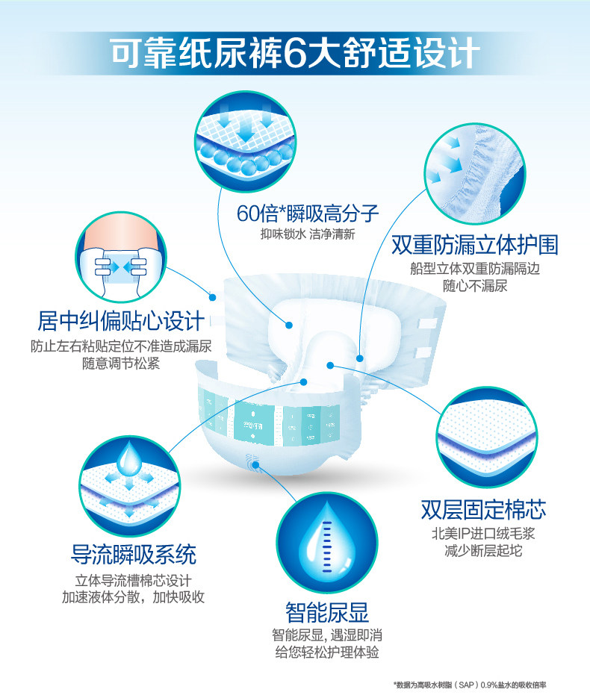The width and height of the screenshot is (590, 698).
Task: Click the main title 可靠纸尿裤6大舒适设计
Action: click(294, 53)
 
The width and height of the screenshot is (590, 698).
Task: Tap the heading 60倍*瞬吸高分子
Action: click(308, 214)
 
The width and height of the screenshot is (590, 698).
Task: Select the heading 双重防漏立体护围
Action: click(475, 245)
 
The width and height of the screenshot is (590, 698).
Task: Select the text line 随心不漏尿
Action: click(475, 285)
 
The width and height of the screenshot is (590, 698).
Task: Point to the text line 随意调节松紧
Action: click(121, 364)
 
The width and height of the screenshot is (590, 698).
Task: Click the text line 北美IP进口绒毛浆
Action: click(483, 534)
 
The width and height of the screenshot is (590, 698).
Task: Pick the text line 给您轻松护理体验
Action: click(327, 652)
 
